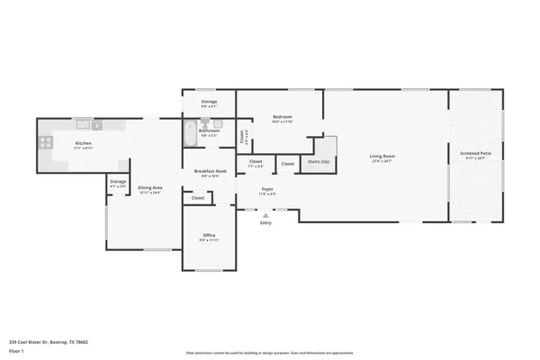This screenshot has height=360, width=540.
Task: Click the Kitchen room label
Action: (83, 144)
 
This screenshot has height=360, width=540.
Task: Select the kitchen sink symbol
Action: (82, 123)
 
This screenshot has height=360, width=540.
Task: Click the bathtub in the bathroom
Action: (190, 135)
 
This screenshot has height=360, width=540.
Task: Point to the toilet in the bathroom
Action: (215, 125)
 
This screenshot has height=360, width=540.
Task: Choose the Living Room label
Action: (382, 157)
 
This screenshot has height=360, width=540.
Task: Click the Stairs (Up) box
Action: (319, 161)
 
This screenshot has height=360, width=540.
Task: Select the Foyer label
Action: (267, 190)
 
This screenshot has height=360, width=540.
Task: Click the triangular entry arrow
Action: (265, 215)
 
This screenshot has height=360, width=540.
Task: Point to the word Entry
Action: (265, 223)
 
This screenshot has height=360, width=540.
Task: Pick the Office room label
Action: (209, 235)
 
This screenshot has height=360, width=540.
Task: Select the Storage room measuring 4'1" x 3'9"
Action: (118, 183)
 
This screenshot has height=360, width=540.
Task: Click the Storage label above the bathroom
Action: (209, 102)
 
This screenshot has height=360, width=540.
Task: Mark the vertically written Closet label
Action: (243, 135)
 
